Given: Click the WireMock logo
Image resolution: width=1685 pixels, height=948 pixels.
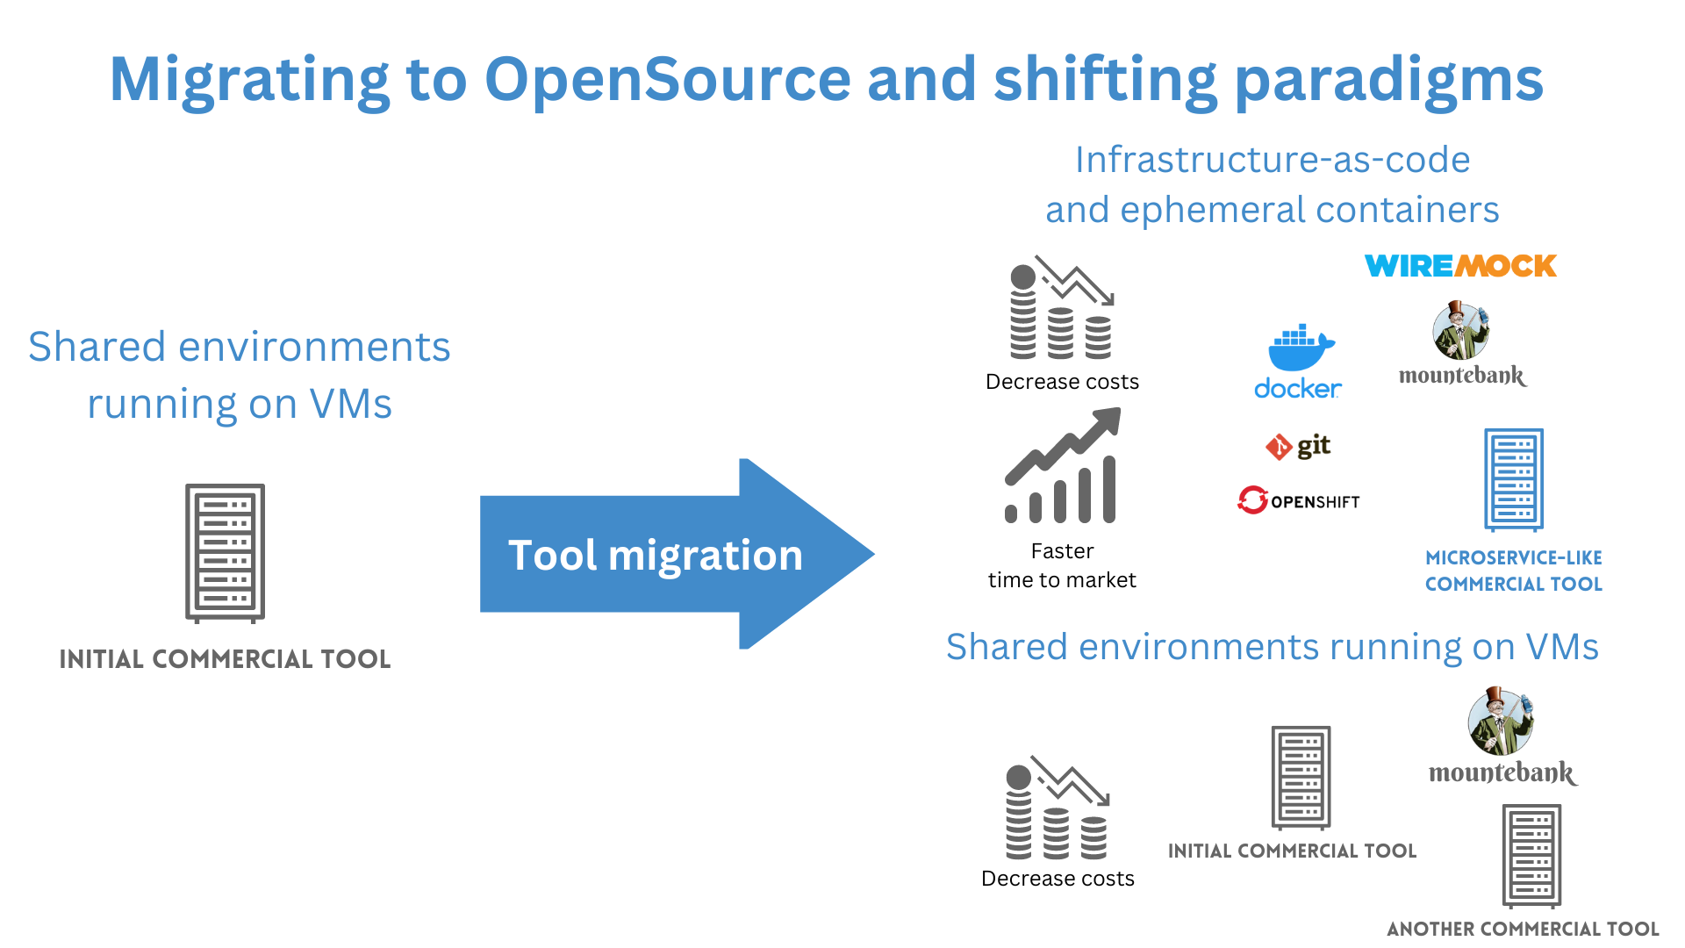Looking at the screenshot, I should (x=1460, y=266).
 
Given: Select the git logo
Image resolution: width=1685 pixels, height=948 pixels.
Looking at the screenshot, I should (x=1298, y=447).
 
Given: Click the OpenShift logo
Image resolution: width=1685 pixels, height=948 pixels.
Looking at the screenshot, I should (x=1298, y=500).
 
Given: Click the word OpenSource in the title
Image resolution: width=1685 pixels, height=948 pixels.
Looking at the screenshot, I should (x=667, y=79).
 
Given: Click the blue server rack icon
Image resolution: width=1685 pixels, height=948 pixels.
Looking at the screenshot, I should (x=1514, y=480).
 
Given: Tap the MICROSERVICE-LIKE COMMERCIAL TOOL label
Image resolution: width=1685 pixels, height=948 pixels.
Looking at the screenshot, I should (x=1514, y=571).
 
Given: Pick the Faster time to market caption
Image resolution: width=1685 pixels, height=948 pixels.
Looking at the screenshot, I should (x=1062, y=565).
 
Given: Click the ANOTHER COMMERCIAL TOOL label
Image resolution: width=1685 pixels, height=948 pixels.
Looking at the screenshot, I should (x=1523, y=929).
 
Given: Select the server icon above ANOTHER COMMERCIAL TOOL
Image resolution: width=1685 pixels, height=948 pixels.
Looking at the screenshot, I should (x=1531, y=856).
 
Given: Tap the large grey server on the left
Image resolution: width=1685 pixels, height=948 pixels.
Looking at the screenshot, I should (x=225, y=553).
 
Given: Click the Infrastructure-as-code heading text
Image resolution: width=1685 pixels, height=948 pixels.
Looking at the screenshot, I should (x=1273, y=160).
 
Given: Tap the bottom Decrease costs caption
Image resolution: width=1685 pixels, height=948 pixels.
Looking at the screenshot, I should (x=1058, y=879).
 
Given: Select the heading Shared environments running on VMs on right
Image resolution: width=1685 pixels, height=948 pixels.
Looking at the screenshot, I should (x=1273, y=647).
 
